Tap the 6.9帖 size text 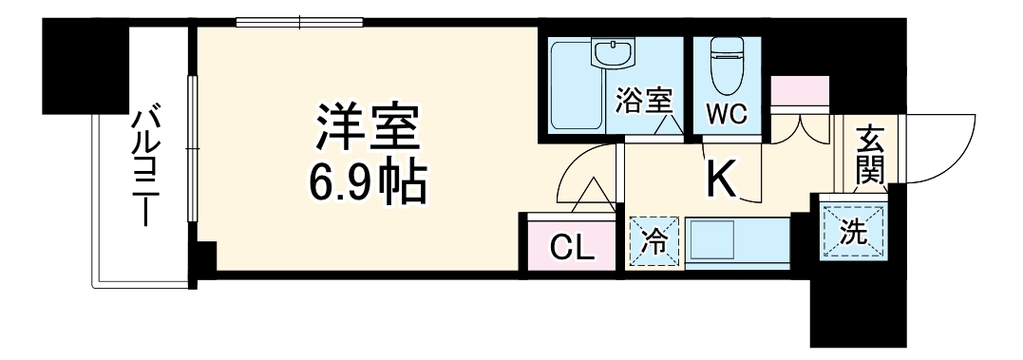coord(367,183)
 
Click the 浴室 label coord(644,100)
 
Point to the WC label coord(725,114)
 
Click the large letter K coord(721,179)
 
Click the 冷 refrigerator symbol coord(654,242)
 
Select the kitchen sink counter coord(737,244)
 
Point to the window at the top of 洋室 coord(300,23)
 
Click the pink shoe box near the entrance coord(800,93)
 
